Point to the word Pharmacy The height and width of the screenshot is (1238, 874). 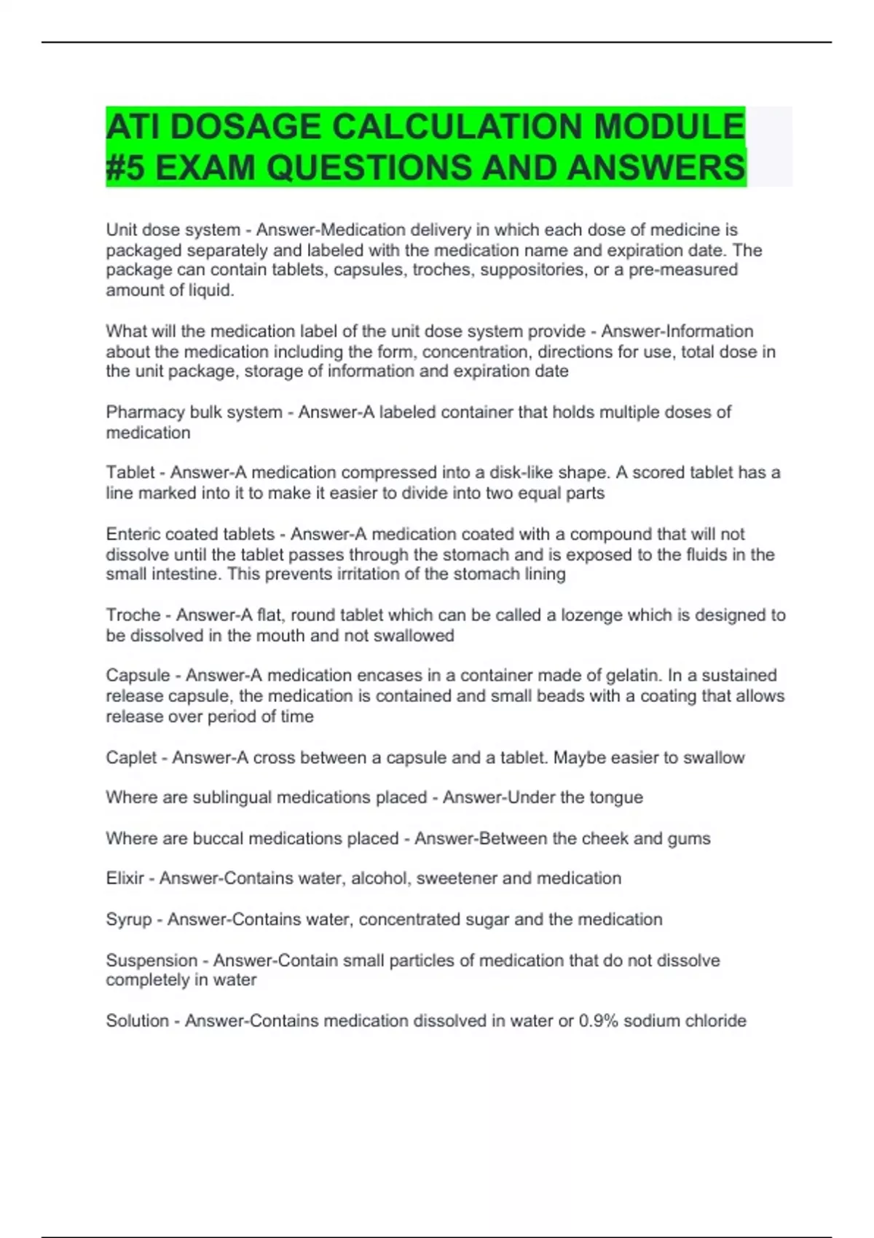144,412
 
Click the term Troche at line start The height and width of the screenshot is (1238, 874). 133,615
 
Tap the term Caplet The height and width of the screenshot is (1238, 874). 131,758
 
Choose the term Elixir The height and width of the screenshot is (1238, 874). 125,878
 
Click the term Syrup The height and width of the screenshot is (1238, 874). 128,920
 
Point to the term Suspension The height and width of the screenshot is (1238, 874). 151,961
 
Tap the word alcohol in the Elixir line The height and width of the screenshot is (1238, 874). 379,878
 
